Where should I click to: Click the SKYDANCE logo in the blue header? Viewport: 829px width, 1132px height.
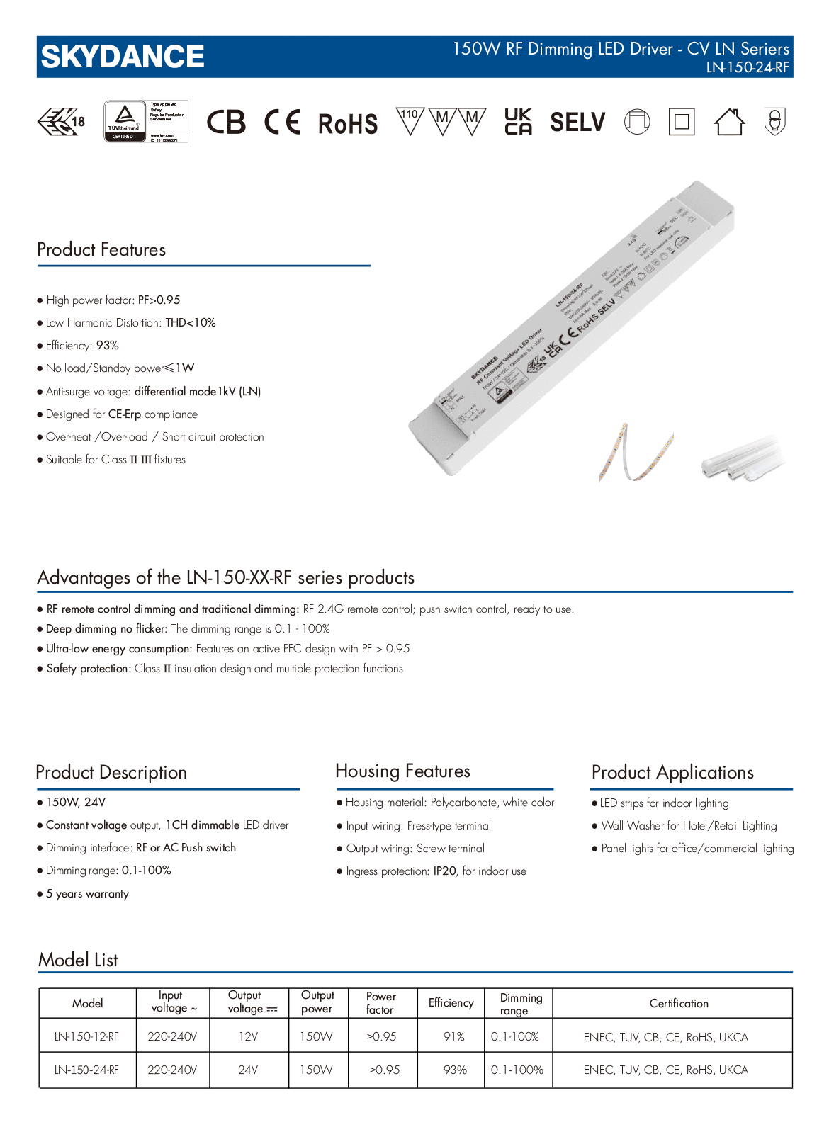[123, 57]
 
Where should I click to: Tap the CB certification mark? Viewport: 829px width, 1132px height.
[226, 122]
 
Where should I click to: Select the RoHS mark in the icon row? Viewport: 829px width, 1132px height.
[347, 124]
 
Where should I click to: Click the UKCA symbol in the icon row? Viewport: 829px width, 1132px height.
[518, 122]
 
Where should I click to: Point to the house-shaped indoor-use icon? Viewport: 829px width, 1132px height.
[729, 122]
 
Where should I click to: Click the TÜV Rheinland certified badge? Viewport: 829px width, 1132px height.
[146, 121]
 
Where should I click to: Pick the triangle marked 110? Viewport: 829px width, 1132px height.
[410, 120]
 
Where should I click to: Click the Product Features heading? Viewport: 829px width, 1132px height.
[101, 250]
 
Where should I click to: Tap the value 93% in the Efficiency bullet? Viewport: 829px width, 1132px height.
[108, 346]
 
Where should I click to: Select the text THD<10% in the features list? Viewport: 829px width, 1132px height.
[191, 323]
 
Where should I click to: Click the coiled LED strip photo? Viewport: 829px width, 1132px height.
[636, 454]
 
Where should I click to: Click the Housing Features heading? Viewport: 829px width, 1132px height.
[402, 771]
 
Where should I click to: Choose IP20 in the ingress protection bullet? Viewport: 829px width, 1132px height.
[445, 871]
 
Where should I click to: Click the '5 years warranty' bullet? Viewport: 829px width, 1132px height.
[87, 894]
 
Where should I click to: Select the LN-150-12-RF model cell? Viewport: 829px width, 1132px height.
[87, 1037]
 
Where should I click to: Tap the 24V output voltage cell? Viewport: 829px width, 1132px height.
[248, 1070]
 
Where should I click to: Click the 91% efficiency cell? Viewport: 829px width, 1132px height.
[453, 1037]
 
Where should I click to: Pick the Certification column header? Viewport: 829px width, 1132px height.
[679, 1004]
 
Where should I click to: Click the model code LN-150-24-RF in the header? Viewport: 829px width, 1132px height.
[748, 68]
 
